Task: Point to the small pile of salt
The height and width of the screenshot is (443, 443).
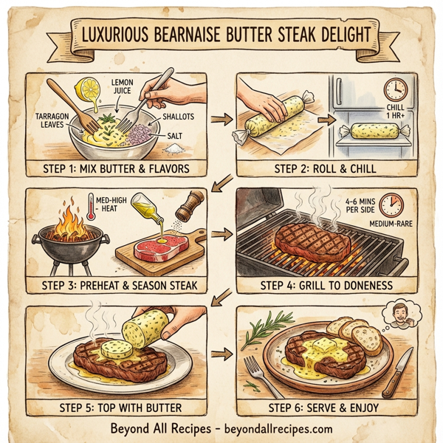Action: click(x=173, y=148)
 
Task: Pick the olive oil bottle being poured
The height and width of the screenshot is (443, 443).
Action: click(x=145, y=212)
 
